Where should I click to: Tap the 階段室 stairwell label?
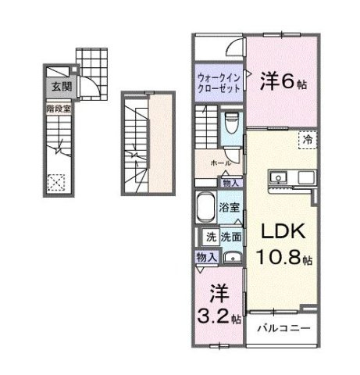click(59, 109)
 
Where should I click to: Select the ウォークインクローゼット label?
click(219, 83)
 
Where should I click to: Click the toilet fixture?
click(230, 124)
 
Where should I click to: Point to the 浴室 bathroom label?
click(229, 209)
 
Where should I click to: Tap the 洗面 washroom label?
click(230, 235)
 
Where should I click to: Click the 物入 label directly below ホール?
click(230, 182)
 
